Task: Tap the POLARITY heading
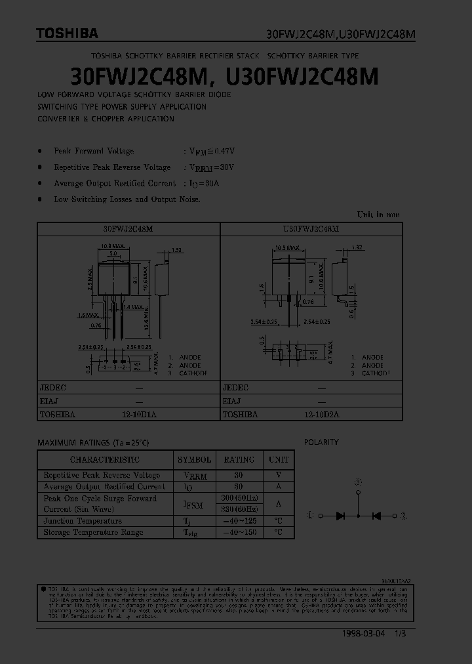point(321,442)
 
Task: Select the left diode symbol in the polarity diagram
point(340,516)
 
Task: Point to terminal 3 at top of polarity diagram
point(358,482)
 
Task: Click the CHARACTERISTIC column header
point(105,460)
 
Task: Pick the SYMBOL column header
point(194,460)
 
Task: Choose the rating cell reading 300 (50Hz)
point(239,499)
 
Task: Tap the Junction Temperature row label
point(83,521)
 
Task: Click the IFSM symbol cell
point(194,504)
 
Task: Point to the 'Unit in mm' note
point(378,215)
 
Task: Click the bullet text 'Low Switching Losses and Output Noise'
point(127,199)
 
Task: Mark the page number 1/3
point(400,634)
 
